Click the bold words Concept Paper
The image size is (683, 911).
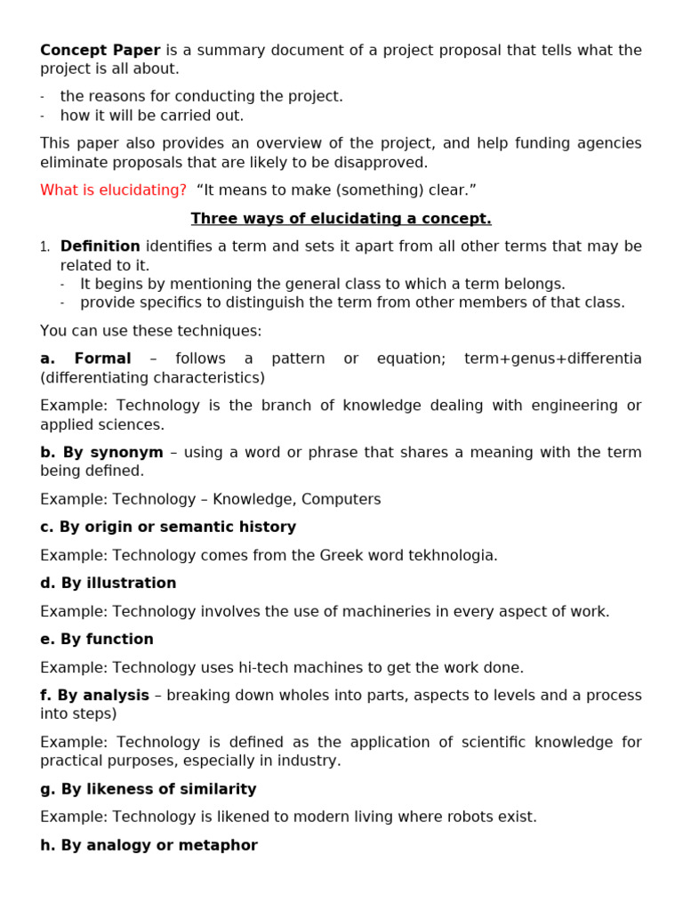pos(100,50)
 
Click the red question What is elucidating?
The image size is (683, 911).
pos(113,190)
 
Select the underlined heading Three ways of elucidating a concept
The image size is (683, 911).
pos(341,218)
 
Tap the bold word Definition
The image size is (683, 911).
pos(100,246)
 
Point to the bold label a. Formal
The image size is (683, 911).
pos(85,359)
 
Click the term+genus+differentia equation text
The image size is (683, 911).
pos(552,359)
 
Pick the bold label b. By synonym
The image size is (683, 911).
pos(101,452)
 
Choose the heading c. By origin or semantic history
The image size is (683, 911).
pos(168,527)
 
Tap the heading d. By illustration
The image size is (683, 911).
pos(108,583)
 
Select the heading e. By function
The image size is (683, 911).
pos(96,639)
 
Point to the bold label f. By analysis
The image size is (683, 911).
pos(94,695)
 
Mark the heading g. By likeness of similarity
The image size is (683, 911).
pos(148,789)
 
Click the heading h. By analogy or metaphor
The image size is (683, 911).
pos(149,845)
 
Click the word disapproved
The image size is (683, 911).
pos(385,162)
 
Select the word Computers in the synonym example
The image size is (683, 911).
pos(342,499)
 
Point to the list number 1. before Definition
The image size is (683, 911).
pos(44,247)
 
